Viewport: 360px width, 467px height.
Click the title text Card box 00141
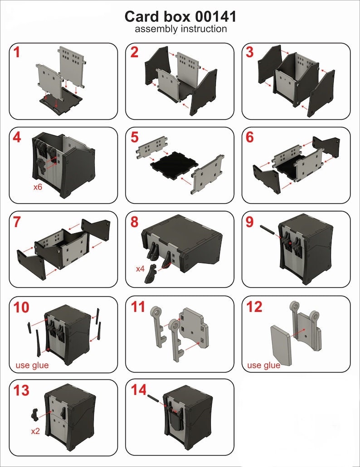[x=180, y=17]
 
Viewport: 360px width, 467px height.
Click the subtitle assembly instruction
[x=180, y=29]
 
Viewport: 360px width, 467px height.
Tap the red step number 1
[x=17, y=53]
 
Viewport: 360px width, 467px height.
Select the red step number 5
[x=134, y=137]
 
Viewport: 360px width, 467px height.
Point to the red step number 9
[x=250, y=222]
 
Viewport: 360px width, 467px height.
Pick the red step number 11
[x=138, y=307]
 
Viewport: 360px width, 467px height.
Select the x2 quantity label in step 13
[x=36, y=431]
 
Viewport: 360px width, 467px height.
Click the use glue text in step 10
[x=32, y=365]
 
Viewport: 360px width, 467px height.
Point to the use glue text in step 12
[x=264, y=365]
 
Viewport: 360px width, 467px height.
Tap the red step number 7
[x=17, y=222]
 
